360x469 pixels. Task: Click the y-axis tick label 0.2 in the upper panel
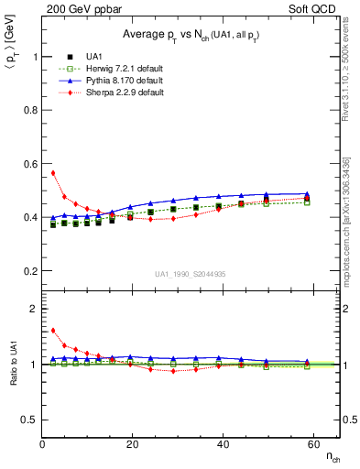point(29,271)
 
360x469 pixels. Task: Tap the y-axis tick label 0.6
point(29,164)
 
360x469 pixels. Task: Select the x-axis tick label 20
point(131,444)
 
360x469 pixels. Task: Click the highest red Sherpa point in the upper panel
point(53,172)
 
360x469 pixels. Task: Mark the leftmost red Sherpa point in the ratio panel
point(53,331)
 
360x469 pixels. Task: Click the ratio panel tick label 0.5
point(29,420)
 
